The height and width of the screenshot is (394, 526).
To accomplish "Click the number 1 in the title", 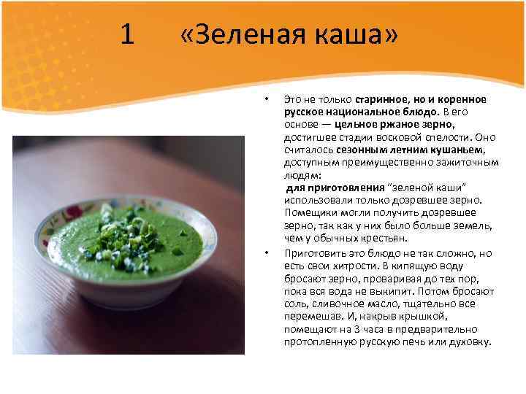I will coord(127,34).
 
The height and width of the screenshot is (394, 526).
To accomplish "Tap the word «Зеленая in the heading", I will coord(235,34).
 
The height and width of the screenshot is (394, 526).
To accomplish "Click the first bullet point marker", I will coord(267,98).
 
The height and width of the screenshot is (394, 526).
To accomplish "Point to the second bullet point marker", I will coord(267,253).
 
